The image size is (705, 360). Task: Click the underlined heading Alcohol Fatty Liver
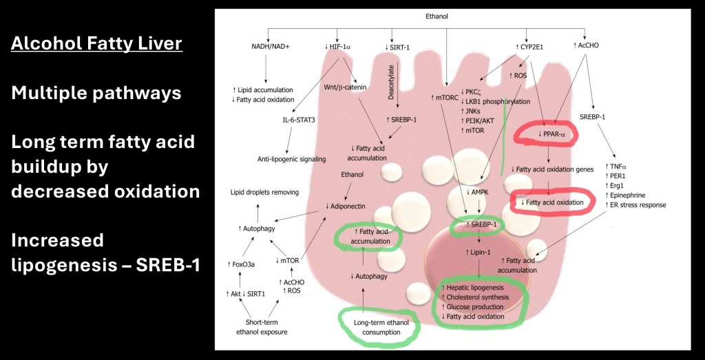[x=97, y=45]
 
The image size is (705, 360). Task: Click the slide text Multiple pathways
[x=96, y=93]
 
